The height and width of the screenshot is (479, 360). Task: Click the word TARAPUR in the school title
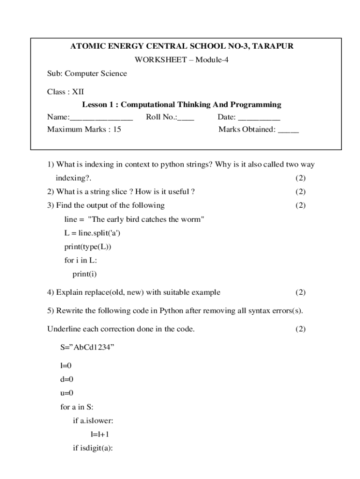pos(274,46)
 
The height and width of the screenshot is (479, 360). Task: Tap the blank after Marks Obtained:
pos(288,130)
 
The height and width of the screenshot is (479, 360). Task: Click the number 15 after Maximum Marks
pos(117,130)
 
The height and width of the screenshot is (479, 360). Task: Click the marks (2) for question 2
pos(300,191)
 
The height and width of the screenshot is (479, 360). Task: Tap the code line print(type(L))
pos(88,247)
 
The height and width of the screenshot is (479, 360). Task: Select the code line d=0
pos(67,380)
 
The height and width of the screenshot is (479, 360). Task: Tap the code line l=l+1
pos(100,434)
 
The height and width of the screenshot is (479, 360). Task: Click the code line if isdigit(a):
pos(94,448)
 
